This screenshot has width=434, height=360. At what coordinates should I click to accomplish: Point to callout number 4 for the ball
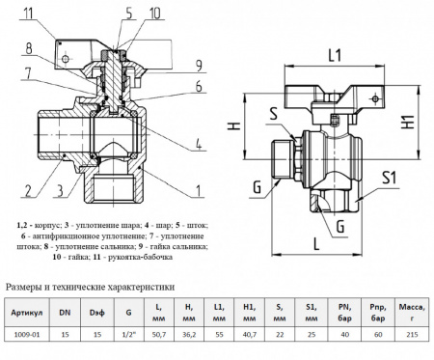click(x=197, y=147)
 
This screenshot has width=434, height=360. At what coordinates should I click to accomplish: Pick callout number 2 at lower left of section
click(x=29, y=189)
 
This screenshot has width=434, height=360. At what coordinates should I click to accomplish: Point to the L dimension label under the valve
click(x=315, y=245)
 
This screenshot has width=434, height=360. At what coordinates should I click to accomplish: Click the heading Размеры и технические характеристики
click(x=91, y=287)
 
